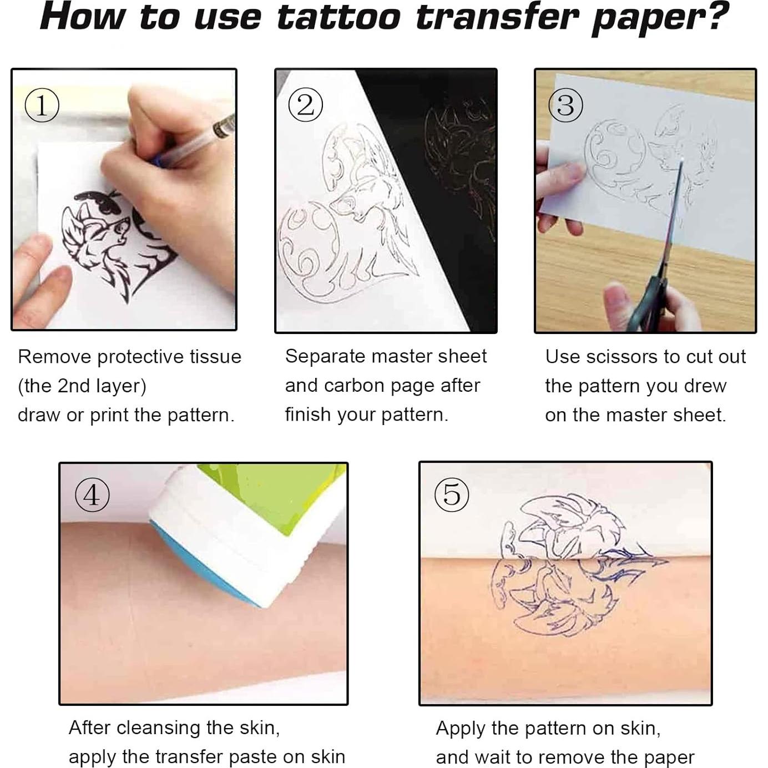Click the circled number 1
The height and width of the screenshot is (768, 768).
tap(42, 105)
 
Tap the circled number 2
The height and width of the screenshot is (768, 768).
tap(305, 105)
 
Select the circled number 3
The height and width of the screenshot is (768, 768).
tap(565, 105)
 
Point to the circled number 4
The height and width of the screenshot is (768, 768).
tap(92, 494)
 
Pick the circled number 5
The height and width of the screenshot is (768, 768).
tap(452, 494)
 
